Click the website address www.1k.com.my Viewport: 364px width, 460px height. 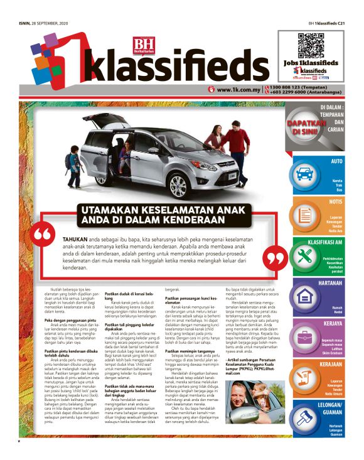click(x=235, y=90)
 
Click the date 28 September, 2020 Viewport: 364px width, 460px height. click(x=47, y=24)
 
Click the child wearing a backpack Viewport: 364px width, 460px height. click(x=75, y=161)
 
